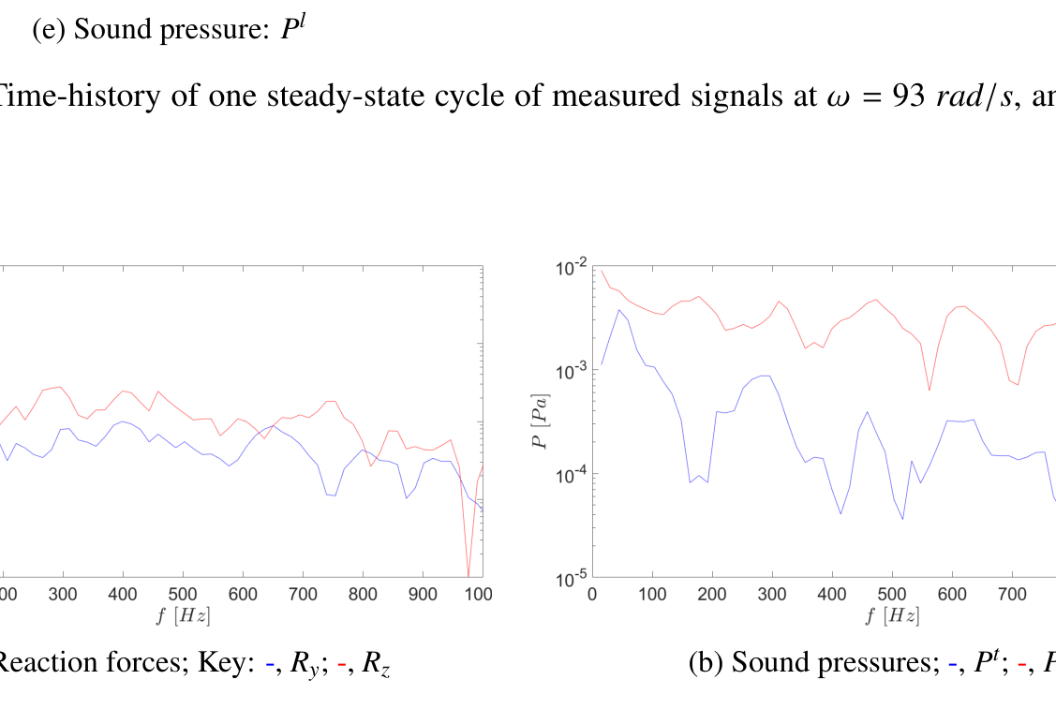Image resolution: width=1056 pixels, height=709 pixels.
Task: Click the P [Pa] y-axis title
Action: [541, 421]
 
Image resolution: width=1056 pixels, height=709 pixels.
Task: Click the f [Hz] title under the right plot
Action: [893, 615]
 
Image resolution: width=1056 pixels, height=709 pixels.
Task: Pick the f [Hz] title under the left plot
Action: [183, 615]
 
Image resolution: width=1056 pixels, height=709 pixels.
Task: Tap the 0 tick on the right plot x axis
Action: [592, 595]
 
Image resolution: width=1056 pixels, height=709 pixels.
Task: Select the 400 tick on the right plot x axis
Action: [832, 595]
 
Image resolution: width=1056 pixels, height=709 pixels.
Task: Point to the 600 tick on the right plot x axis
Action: [952, 595]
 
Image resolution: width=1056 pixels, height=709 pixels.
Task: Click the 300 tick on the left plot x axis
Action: [63, 595]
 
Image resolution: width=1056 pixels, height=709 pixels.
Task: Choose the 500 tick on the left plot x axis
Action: [183, 595]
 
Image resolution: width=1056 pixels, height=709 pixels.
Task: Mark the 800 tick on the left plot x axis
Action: [363, 595]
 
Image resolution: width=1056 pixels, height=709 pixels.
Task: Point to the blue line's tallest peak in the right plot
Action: [618, 310]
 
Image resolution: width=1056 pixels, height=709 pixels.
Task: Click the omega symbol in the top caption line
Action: [832, 97]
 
